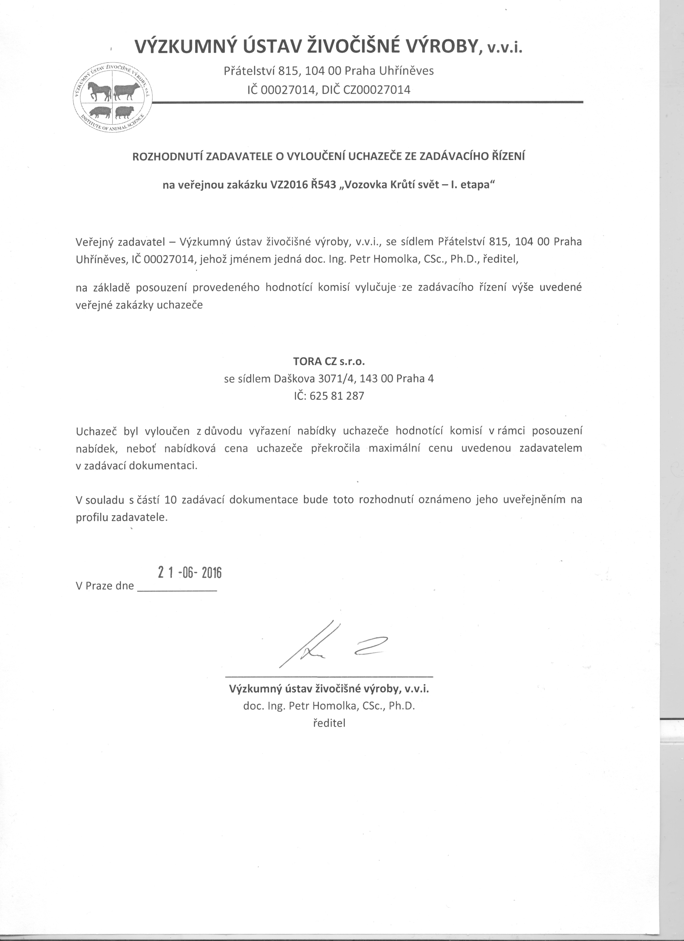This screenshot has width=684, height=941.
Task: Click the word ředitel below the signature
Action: click(x=329, y=723)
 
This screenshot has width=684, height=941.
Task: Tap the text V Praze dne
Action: click(x=105, y=586)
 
